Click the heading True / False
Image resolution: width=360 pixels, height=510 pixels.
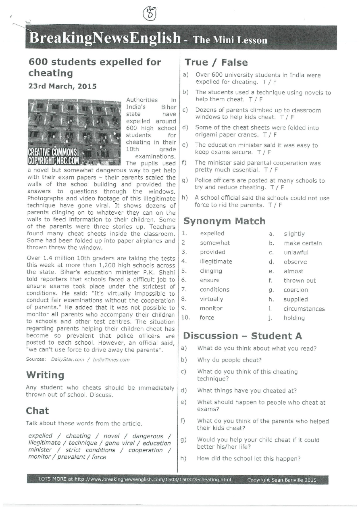click(x=216, y=63)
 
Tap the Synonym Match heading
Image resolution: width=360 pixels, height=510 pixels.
click(x=225, y=221)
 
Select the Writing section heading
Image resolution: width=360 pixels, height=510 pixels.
click(x=45, y=375)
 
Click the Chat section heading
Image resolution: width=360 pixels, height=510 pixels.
click(x=37, y=411)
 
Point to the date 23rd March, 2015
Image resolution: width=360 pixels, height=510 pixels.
click(x=62, y=86)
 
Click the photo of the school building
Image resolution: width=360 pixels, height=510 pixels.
click(x=74, y=132)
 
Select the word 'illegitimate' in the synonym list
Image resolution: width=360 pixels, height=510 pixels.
click(x=216, y=261)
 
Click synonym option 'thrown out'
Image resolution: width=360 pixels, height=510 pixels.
click(x=300, y=280)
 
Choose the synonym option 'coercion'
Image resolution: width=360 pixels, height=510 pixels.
click(x=295, y=290)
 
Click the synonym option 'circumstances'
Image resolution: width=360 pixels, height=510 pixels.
click(x=304, y=309)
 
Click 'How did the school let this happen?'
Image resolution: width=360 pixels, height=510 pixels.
click(x=249, y=458)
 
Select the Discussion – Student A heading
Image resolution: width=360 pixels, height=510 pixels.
click(x=243, y=336)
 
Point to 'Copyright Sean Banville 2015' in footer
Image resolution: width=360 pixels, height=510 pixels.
click(x=282, y=480)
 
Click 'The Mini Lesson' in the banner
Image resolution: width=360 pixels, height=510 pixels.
click(x=230, y=40)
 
